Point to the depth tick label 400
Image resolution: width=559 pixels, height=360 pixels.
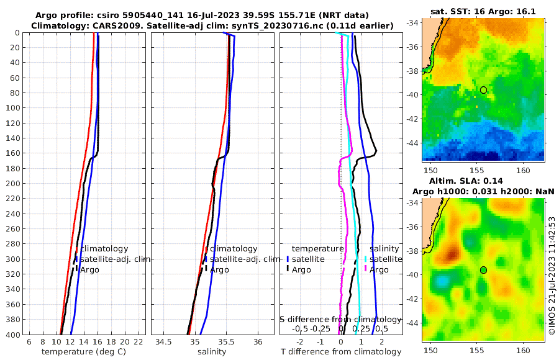pos(12,335)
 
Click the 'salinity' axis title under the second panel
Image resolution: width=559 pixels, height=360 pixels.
pos(212,352)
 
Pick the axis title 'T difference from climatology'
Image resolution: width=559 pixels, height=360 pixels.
pos(341,352)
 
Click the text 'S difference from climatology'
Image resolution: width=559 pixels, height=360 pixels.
pos(340,319)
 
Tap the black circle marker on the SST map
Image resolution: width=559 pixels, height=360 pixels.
pos(483,90)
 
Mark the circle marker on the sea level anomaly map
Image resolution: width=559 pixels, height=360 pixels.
pos(483,269)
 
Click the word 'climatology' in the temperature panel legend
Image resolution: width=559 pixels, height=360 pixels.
pos(104,248)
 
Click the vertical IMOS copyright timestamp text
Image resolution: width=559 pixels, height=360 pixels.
pos(552,276)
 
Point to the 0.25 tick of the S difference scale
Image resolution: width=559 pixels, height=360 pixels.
pos(361,328)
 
